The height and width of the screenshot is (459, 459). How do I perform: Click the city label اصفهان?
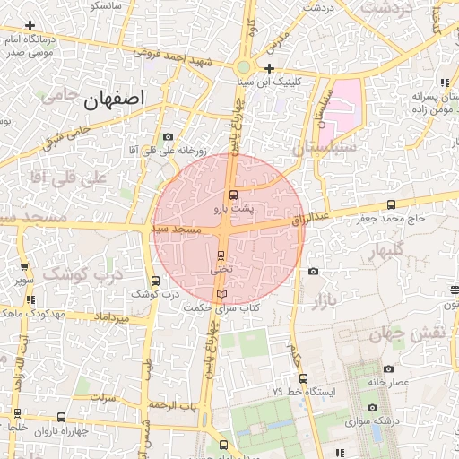[x=117, y=100]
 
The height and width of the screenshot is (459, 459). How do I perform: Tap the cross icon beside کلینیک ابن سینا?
[x=269, y=68]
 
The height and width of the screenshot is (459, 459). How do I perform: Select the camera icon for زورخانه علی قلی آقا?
[x=168, y=136]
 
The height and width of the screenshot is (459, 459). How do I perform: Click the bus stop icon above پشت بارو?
[x=233, y=195]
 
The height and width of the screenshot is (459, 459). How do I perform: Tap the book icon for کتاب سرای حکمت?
[x=221, y=294]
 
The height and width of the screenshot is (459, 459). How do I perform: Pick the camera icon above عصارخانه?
[x=387, y=368]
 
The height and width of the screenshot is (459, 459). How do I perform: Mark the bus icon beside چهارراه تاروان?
[x=60, y=417]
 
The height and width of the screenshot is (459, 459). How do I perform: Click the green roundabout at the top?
[x=243, y=67]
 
